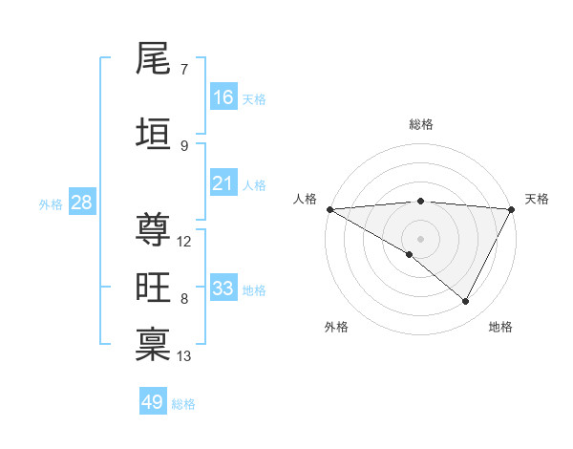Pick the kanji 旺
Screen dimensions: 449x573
[153, 288]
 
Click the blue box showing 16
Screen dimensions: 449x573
[223, 97]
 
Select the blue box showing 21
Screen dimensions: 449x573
[223, 183]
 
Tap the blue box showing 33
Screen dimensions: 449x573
[223, 289]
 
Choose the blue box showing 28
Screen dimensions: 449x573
[81, 203]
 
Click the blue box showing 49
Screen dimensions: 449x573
[153, 402]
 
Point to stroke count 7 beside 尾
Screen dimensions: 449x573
[184, 70]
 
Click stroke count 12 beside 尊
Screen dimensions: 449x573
[184, 242]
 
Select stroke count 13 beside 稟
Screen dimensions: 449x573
[184, 356]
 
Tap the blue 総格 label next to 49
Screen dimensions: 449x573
[183, 404]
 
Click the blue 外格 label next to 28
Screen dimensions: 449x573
[51, 204]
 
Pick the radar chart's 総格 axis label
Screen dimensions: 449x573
[420, 124]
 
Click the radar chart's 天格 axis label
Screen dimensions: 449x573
[537, 199]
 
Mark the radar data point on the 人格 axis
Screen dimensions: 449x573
[329, 209]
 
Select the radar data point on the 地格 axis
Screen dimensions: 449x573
[466, 302]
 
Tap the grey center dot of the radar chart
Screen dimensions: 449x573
[420, 238]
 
